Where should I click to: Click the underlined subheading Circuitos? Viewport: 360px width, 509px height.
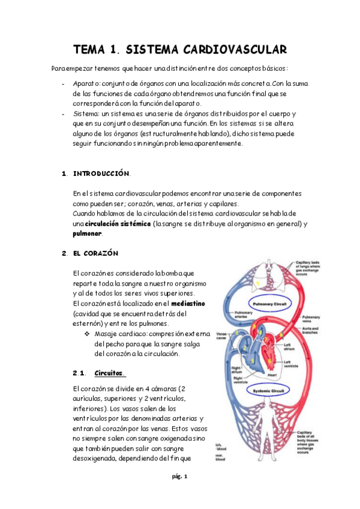108,373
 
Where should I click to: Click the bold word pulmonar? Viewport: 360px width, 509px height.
86,233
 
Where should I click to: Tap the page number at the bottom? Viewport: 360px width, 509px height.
180,477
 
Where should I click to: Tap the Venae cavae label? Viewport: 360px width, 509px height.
221,335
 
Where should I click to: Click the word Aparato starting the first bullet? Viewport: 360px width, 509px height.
85,83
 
